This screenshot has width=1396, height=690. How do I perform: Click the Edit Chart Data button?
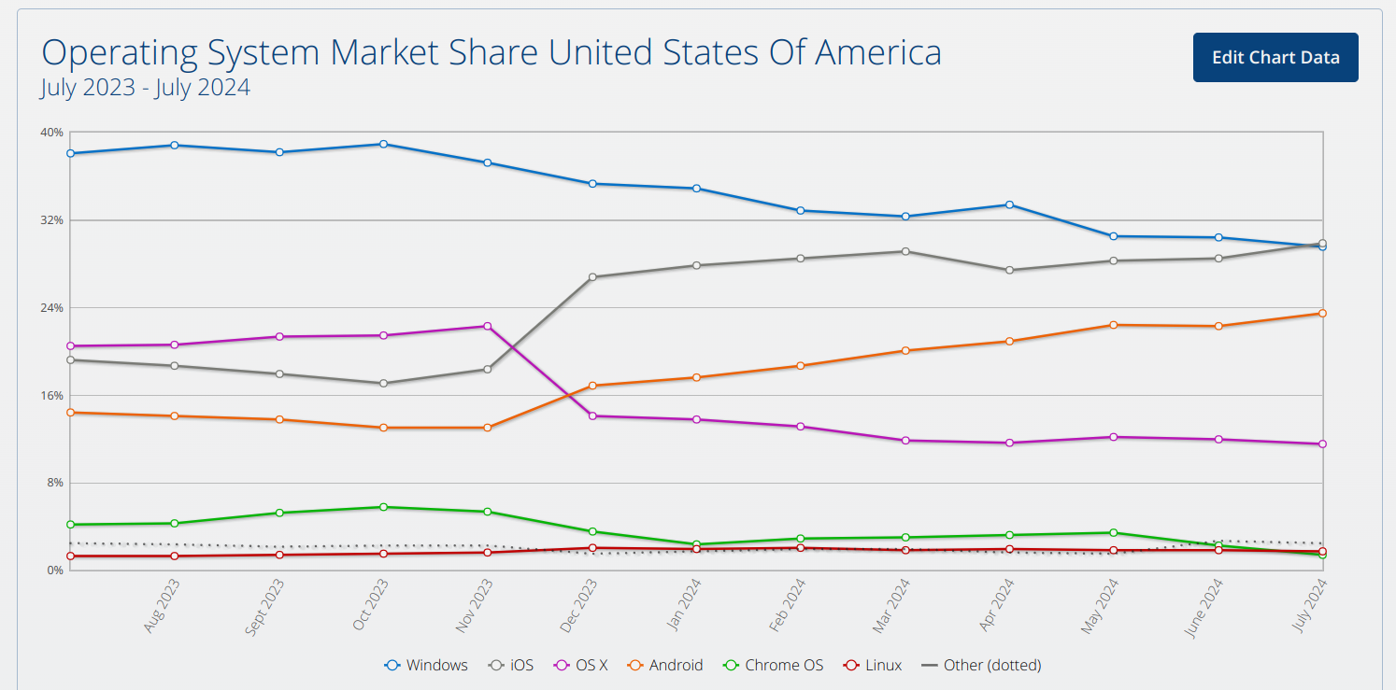[1275, 57]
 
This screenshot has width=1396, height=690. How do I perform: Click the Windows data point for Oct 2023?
[384, 145]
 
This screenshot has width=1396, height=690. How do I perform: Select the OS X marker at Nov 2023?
[488, 326]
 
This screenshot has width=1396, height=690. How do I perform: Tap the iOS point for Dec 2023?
[592, 277]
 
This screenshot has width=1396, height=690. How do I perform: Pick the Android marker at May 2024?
[1114, 325]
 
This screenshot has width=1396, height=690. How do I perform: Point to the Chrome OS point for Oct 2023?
[384, 508]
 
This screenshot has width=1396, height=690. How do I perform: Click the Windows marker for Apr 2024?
[1009, 204]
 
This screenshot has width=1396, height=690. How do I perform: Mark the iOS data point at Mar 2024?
[905, 251]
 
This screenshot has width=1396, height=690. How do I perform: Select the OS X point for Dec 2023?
[592, 416]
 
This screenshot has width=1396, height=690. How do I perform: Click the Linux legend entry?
[873, 665]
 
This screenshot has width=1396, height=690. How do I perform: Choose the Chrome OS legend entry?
[773, 665]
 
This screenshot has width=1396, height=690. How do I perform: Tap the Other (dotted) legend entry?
[981, 665]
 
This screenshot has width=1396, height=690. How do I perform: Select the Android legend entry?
[665, 665]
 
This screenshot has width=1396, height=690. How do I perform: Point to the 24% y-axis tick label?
[51, 307]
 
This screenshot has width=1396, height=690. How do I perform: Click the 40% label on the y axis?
[51, 132]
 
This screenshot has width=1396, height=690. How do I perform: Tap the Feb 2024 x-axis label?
[787, 605]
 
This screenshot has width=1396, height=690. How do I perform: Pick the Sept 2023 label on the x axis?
[264, 607]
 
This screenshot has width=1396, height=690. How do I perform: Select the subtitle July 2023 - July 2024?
[146, 87]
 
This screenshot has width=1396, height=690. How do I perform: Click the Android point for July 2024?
[1322, 313]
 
